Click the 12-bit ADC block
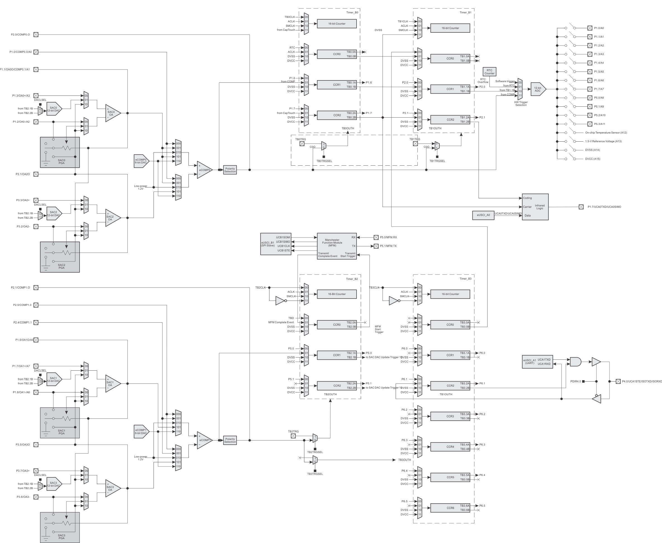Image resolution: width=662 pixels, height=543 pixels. pyautogui.click(x=538, y=89)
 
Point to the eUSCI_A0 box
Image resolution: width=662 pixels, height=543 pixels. pyautogui.click(x=483, y=215)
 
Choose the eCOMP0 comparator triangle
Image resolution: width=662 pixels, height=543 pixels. pyautogui.click(x=204, y=170)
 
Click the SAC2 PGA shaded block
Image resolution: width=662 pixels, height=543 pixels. pyautogui.click(x=60, y=257)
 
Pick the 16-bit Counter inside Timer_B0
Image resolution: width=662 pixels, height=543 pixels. pyautogui.click(x=337, y=24)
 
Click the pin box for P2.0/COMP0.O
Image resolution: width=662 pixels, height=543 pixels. pyautogui.click(x=36, y=35)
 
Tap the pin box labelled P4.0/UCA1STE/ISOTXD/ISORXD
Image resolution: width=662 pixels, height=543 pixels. pyautogui.click(x=618, y=381)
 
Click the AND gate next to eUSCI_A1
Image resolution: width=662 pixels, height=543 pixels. pyautogui.click(x=575, y=362)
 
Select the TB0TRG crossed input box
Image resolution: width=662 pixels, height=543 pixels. pyautogui.click(x=302, y=144)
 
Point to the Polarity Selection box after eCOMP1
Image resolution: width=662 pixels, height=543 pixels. pyautogui.click(x=230, y=440)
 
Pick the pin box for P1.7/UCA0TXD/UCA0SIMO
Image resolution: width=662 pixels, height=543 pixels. pyautogui.click(x=581, y=207)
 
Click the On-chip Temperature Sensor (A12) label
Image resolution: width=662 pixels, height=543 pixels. pyautogui.click(x=606, y=133)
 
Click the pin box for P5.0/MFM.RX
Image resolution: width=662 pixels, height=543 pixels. pyautogui.click(x=376, y=237)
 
